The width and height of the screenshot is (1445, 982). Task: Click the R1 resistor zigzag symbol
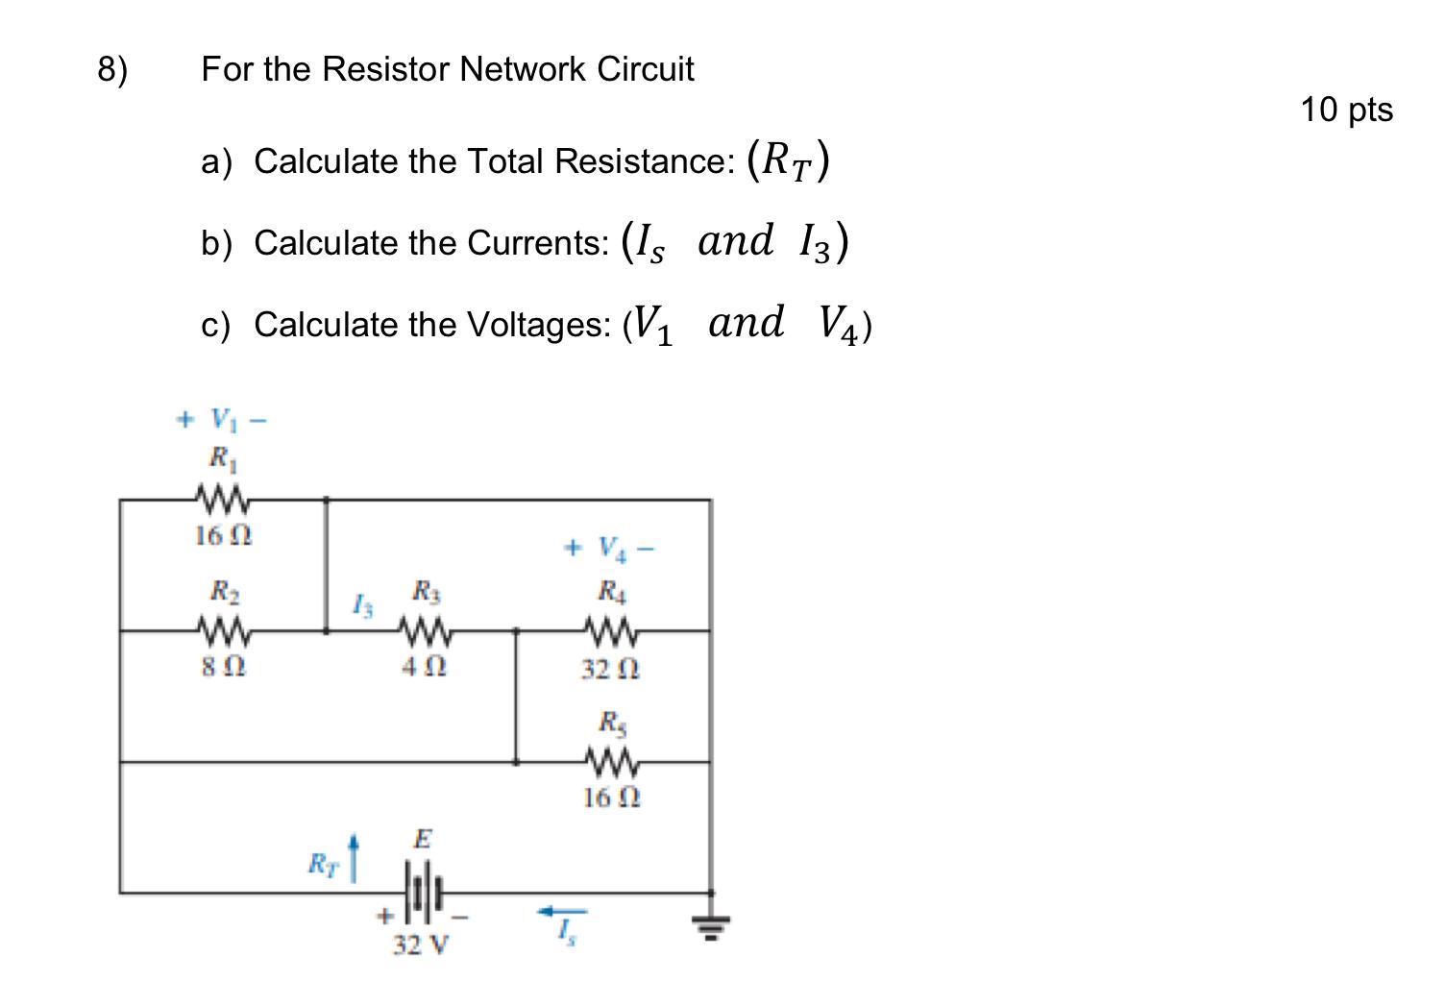(x=222, y=499)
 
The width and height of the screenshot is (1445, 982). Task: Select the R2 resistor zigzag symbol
(x=223, y=630)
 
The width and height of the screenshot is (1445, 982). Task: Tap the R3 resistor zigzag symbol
(x=425, y=630)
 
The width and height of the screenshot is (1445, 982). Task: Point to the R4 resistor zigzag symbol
(x=611, y=630)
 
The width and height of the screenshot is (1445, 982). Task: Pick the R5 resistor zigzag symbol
(x=611, y=762)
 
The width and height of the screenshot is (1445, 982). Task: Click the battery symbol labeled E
(x=424, y=893)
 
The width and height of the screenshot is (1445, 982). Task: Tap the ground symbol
(x=711, y=927)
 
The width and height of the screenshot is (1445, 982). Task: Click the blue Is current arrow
(x=562, y=911)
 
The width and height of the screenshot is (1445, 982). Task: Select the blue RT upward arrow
(x=353, y=858)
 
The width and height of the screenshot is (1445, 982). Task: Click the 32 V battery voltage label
(x=420, y=945)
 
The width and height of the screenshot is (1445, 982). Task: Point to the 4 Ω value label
(x=424, y=666)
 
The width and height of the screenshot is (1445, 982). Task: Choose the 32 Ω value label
(x=610, y=669)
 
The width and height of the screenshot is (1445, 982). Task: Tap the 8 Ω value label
(x=223, y=666)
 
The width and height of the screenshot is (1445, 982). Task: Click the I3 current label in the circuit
(x=362, y=606)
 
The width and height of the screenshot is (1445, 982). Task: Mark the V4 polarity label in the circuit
(x=609, y=549)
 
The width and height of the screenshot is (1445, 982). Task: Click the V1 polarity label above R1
(x=221, y=420)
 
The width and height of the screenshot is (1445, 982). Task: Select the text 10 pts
(x=1346, y=110)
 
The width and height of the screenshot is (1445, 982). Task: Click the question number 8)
(x=112, y=69)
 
